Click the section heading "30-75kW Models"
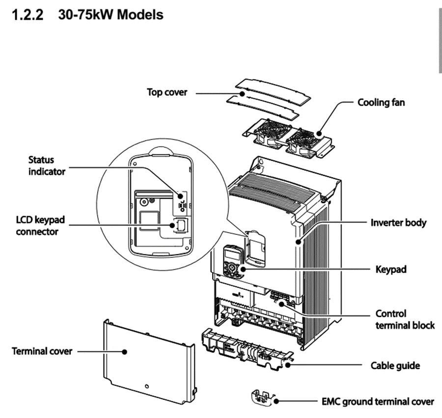tap(114, 15)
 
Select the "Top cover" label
tap(167, 92)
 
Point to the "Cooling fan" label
tap(381, 103)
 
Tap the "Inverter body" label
tap(398, 223)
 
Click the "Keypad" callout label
tap(390, 270)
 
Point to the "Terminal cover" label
tap(42, 351)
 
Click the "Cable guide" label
tap(395, 365)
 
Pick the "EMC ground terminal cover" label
tap(378, 402)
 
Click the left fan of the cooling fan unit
tap(267, 132)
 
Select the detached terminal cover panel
tap(147, 359)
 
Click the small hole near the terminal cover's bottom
tap(147, 386)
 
